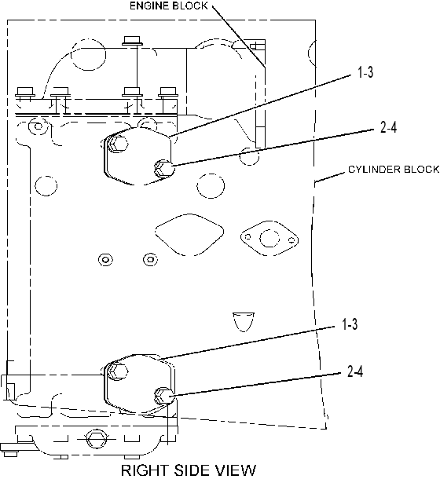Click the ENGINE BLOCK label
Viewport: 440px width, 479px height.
point(169,5)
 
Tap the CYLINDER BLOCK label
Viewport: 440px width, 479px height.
point(394,170)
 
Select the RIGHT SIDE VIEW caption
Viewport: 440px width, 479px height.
point(189,470)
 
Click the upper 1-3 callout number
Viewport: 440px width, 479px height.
point(365,73)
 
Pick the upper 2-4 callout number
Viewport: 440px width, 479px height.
point(388,126)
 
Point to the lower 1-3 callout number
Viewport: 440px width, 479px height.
point(349,324)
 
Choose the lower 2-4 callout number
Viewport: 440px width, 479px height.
point(355,371)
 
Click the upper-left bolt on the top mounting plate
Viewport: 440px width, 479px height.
point(118,144)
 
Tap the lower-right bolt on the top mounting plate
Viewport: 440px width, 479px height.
point(164,168)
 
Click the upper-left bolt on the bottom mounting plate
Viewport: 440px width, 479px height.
point(117,371)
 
